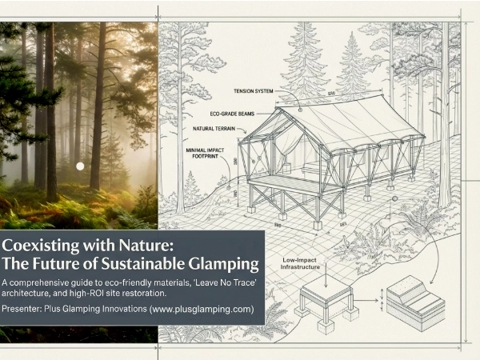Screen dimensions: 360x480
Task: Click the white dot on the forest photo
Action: [80, 166]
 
